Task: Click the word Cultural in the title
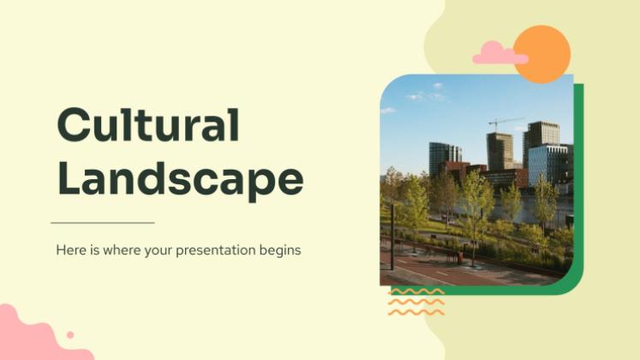tap(148, 124)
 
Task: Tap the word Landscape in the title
tap(181, 180)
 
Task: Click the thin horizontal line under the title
tap(103, 223)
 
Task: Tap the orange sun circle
tap(542, 53)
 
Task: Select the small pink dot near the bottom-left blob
tap(70, 334)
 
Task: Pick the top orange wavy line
tap(416, 291)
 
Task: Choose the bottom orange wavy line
tap(416, 312)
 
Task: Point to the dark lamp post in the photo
tap(392, 237)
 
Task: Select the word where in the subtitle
tap(121, 249)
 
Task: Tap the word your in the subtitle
tap(159, 251)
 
